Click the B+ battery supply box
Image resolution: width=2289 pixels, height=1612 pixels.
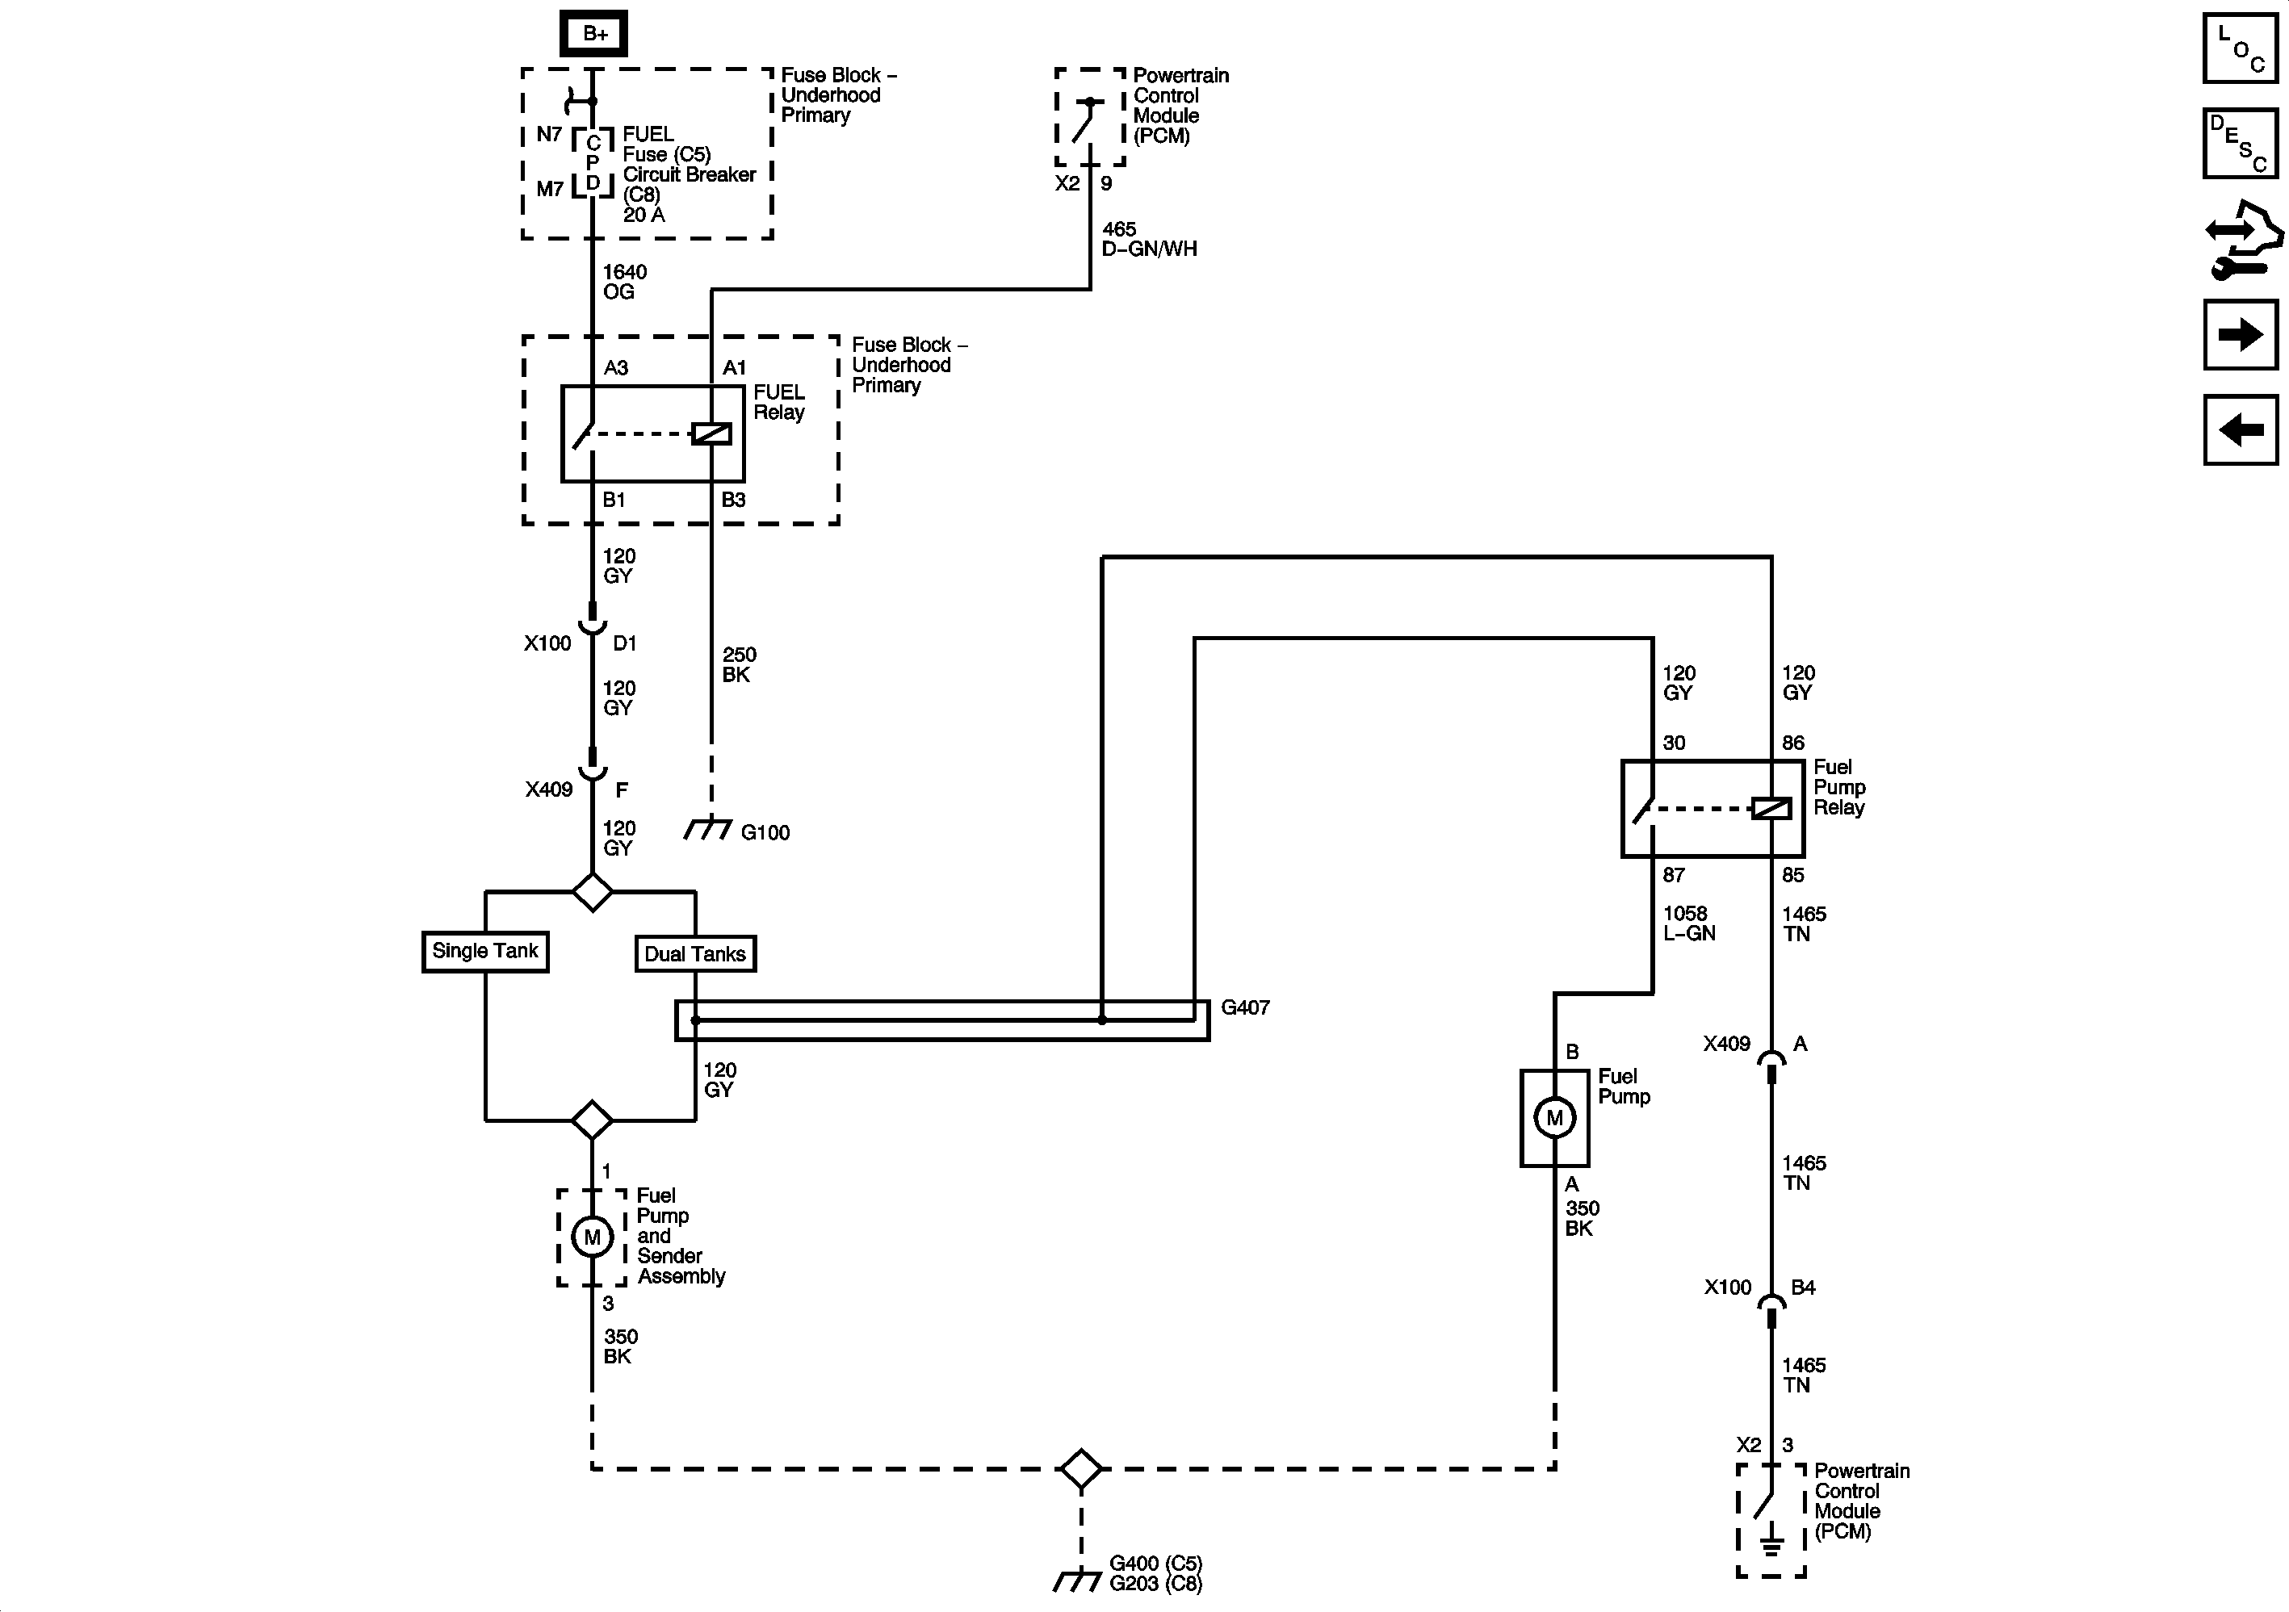click(594, 34)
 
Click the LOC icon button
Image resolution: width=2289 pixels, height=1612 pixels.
click(2240, 48)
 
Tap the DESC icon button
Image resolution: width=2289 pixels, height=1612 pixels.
click(2240, 144)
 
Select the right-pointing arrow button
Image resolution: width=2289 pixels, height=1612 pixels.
click(2240, 335)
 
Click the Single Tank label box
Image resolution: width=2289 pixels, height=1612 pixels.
click(485, 951)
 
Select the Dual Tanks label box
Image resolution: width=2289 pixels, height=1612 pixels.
click(695, 954)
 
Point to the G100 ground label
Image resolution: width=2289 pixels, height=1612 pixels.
click(765, 832)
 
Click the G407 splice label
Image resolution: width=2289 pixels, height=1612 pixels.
click(1245, 1008)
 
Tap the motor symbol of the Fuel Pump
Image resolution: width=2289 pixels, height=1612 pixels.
click(1554, 1117)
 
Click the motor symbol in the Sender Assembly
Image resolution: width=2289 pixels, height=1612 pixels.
click(592, 1237)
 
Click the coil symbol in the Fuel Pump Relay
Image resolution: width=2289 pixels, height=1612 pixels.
click(1771, 809)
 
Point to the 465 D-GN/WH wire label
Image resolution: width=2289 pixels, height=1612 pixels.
click(1148, 239)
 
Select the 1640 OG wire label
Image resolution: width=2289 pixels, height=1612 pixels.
click(624, 283)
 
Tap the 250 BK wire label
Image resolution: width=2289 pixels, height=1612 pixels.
click(739, 665)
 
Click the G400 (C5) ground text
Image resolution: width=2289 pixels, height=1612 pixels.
click(1155, 1563)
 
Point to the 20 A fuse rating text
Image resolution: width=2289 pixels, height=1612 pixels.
click(644, 215)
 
